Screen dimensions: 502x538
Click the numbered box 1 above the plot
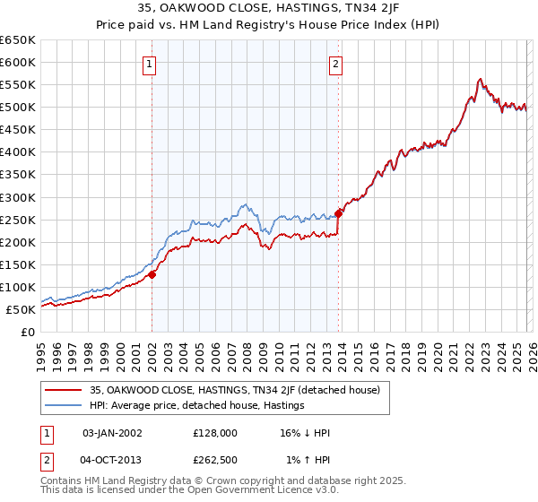click(149, 64)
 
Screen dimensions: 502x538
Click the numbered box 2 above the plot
click(335, 64)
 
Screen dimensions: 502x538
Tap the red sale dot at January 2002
click(152, 274)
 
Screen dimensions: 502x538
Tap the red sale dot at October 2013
click(339, 213)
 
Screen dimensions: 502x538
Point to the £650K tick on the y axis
click(20, 40)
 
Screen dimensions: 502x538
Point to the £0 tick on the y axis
click(29, 332)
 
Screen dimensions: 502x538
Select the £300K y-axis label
click(20, 197)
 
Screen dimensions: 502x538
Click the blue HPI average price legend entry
click(197, 405)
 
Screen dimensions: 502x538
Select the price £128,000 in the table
click(214, 433)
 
